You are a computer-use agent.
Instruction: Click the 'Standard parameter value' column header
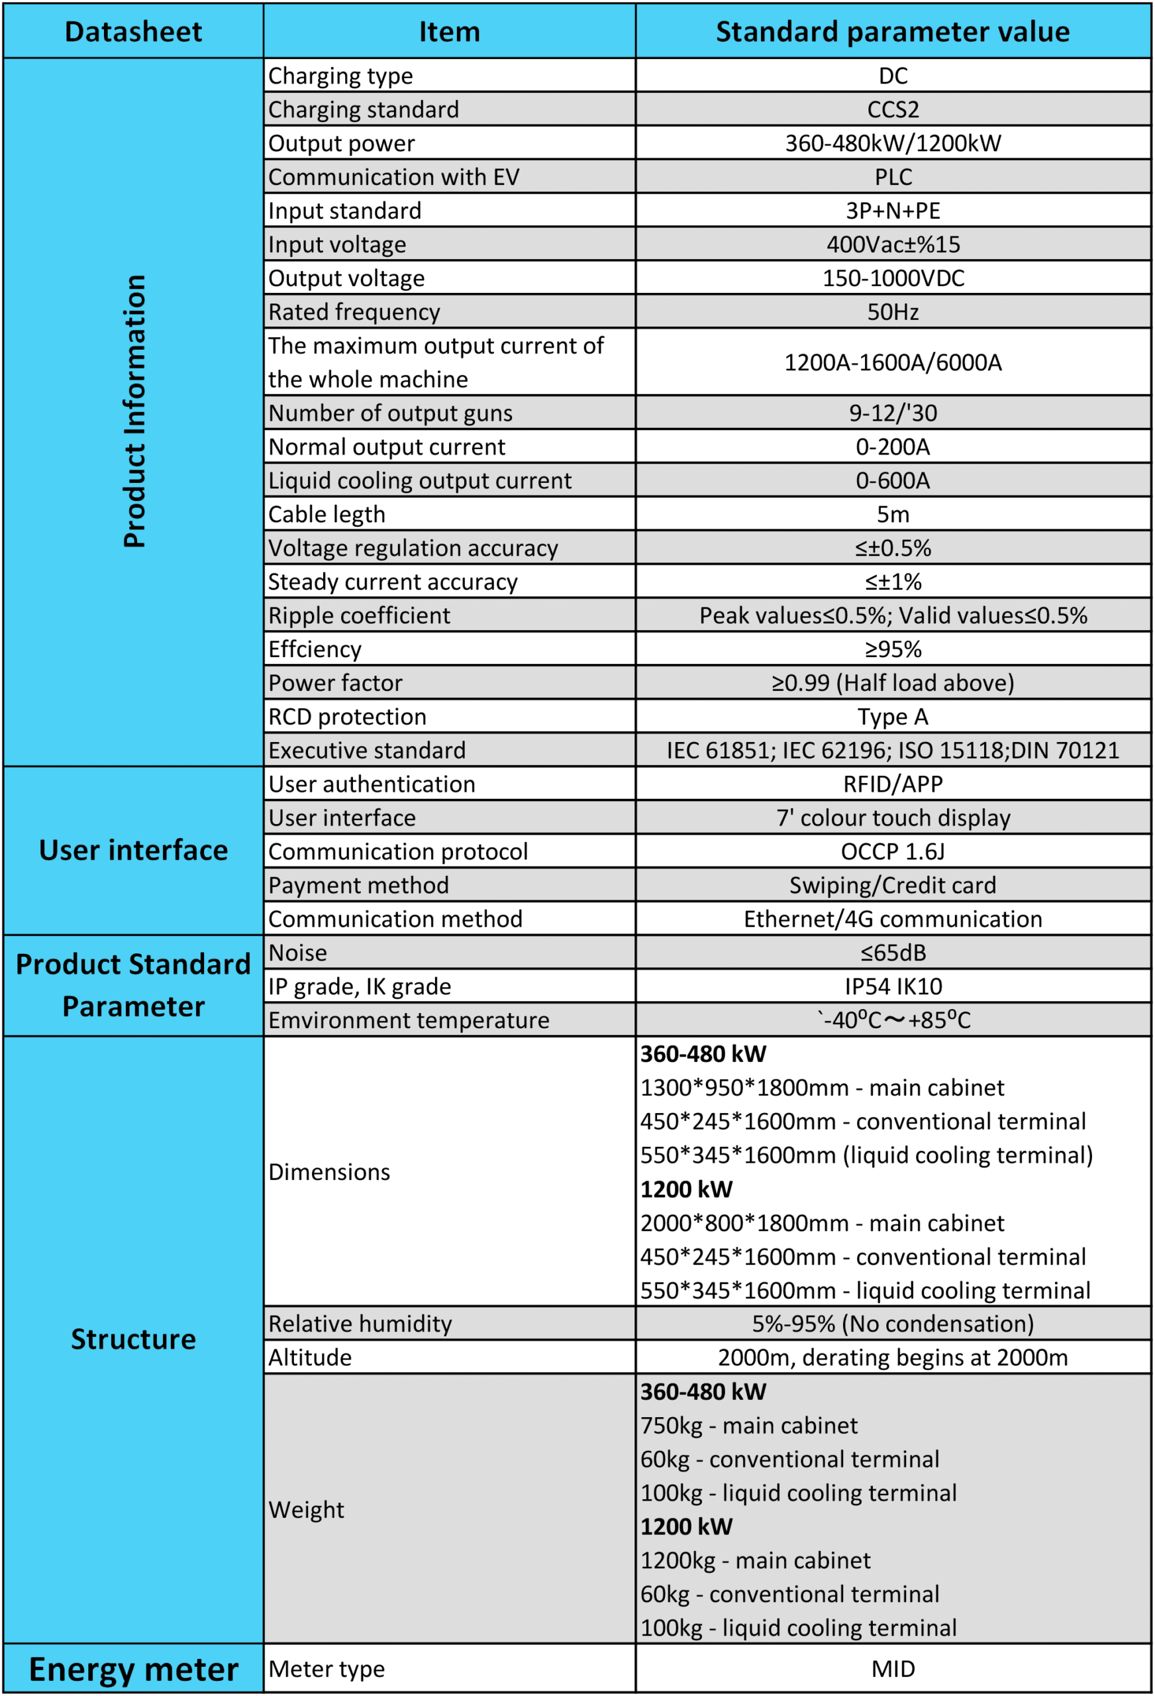892,32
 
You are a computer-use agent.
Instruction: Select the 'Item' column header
449,32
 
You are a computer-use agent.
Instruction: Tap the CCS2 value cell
892,109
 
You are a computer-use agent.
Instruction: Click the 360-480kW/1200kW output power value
892,143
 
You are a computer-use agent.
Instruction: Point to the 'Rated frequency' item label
354,312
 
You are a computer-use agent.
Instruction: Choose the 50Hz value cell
892,312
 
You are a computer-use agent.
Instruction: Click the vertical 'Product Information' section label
134,411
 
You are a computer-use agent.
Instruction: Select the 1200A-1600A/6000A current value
892,362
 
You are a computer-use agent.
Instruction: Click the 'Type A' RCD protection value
892,717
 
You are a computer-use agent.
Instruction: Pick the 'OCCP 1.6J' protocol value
892,852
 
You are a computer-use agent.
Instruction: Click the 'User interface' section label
134,850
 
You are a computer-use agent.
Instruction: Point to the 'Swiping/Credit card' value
892,885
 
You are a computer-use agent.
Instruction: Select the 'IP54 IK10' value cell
892,986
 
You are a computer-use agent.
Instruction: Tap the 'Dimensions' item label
329,1172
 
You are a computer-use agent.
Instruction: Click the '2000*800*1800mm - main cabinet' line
822,1223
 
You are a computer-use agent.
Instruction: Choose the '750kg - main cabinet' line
748,1425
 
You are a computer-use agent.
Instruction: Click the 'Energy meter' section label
134,1669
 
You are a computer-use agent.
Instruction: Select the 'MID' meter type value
892,1669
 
